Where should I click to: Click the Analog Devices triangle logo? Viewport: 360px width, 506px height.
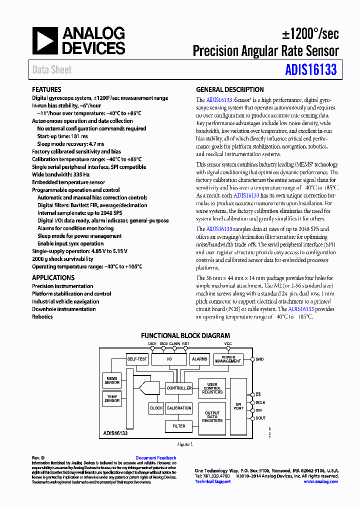(45, 41)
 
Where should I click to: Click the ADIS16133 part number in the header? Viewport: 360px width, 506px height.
(311, 70)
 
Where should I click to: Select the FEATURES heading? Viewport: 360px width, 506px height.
(46, 89)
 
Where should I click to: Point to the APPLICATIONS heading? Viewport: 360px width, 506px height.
(53, 277)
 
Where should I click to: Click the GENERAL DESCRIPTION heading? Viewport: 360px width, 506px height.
(229, 89)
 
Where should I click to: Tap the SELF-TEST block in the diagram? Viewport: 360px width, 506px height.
(137, 359)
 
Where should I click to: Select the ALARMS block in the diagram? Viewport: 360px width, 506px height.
(199, 359)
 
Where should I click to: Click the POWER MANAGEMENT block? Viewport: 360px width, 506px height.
(228, 359)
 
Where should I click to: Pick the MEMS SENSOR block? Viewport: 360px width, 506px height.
(112, 380)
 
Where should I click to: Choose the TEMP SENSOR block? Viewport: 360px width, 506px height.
(112, 398)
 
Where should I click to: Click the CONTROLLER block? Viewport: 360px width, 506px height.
(178, 388)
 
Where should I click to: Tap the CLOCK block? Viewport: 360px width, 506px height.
(156, 408)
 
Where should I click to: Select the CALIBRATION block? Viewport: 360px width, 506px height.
(179, 408)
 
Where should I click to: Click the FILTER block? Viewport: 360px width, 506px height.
(178, 426)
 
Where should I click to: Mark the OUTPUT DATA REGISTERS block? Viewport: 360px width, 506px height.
(212, 416)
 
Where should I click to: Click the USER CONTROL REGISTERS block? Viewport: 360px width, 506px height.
(212, 388)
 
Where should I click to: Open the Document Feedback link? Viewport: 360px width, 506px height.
(155, 458)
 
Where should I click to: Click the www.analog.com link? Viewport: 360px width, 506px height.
(320, 481)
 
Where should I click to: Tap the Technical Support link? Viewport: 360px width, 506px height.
(212, 481)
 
